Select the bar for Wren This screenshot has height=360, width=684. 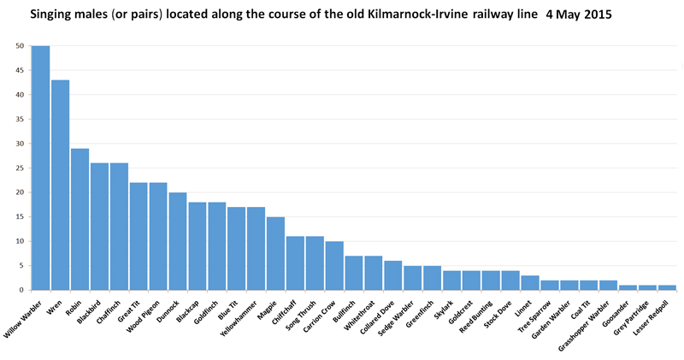(60, 185)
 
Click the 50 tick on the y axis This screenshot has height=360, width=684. (20, 46)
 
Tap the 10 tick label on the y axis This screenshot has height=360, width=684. (20, 241)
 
